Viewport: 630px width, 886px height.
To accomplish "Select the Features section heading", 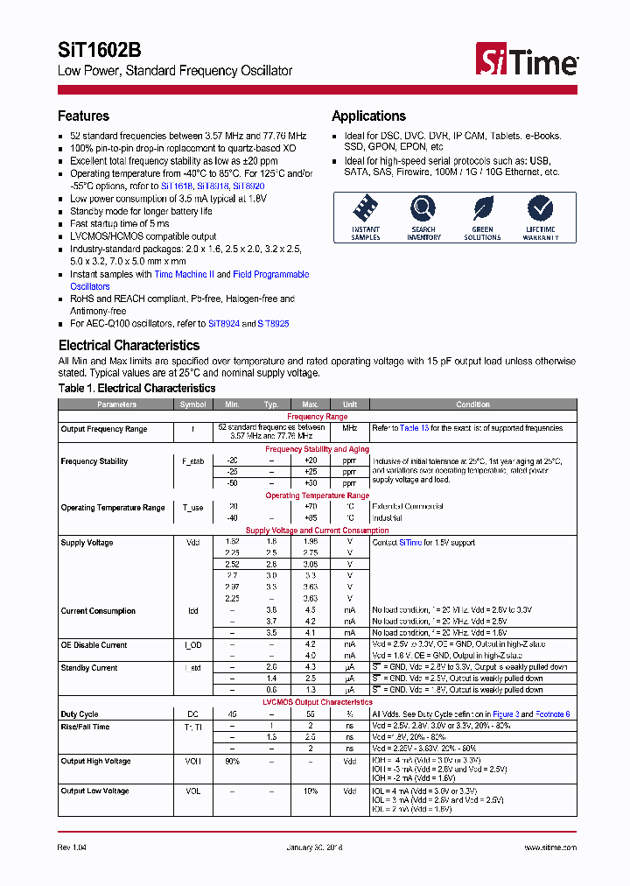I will (83, 116).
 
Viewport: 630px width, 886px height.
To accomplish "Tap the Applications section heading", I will (368, 116).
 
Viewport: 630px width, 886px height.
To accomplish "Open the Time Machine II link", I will (184, 275).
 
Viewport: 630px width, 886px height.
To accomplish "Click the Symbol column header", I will (192, 404).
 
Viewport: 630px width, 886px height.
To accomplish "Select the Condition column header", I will (472, 404).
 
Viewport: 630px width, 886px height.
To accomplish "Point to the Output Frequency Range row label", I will (103, 429).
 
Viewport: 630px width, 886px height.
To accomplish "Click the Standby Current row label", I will (89, 668).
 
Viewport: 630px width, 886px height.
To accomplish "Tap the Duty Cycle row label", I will (79, 714).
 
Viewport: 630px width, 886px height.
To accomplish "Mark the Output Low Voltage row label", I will (94, 791).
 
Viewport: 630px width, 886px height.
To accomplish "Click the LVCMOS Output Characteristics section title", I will (317, 702).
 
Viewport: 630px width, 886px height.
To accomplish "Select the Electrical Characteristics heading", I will (129, 345).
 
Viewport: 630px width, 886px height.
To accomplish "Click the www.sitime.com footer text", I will (550, 847).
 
